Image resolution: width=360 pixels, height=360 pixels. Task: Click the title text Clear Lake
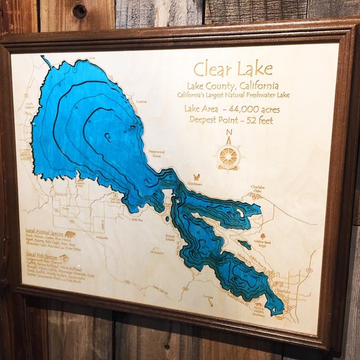coord(233,68)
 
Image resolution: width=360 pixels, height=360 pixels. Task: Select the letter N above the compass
coord(228,133)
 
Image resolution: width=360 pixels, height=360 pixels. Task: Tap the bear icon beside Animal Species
coord(70,235)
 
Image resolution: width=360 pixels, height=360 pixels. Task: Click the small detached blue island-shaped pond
coord(244,245)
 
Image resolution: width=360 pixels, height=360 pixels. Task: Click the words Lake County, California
coord(232,86)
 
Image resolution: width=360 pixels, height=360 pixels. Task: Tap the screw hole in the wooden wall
coord(79,11)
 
